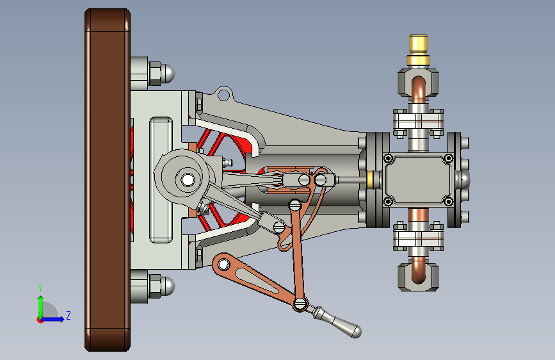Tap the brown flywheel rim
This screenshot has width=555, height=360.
tap(108, 180)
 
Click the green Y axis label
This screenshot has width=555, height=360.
tap(40, 288)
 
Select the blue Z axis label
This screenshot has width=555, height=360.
tap(68, 315)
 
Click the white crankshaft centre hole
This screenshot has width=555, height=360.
tap(188, 179)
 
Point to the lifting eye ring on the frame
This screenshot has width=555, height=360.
tap(223, 95)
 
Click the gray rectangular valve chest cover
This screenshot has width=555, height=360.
tap(418, 179)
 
